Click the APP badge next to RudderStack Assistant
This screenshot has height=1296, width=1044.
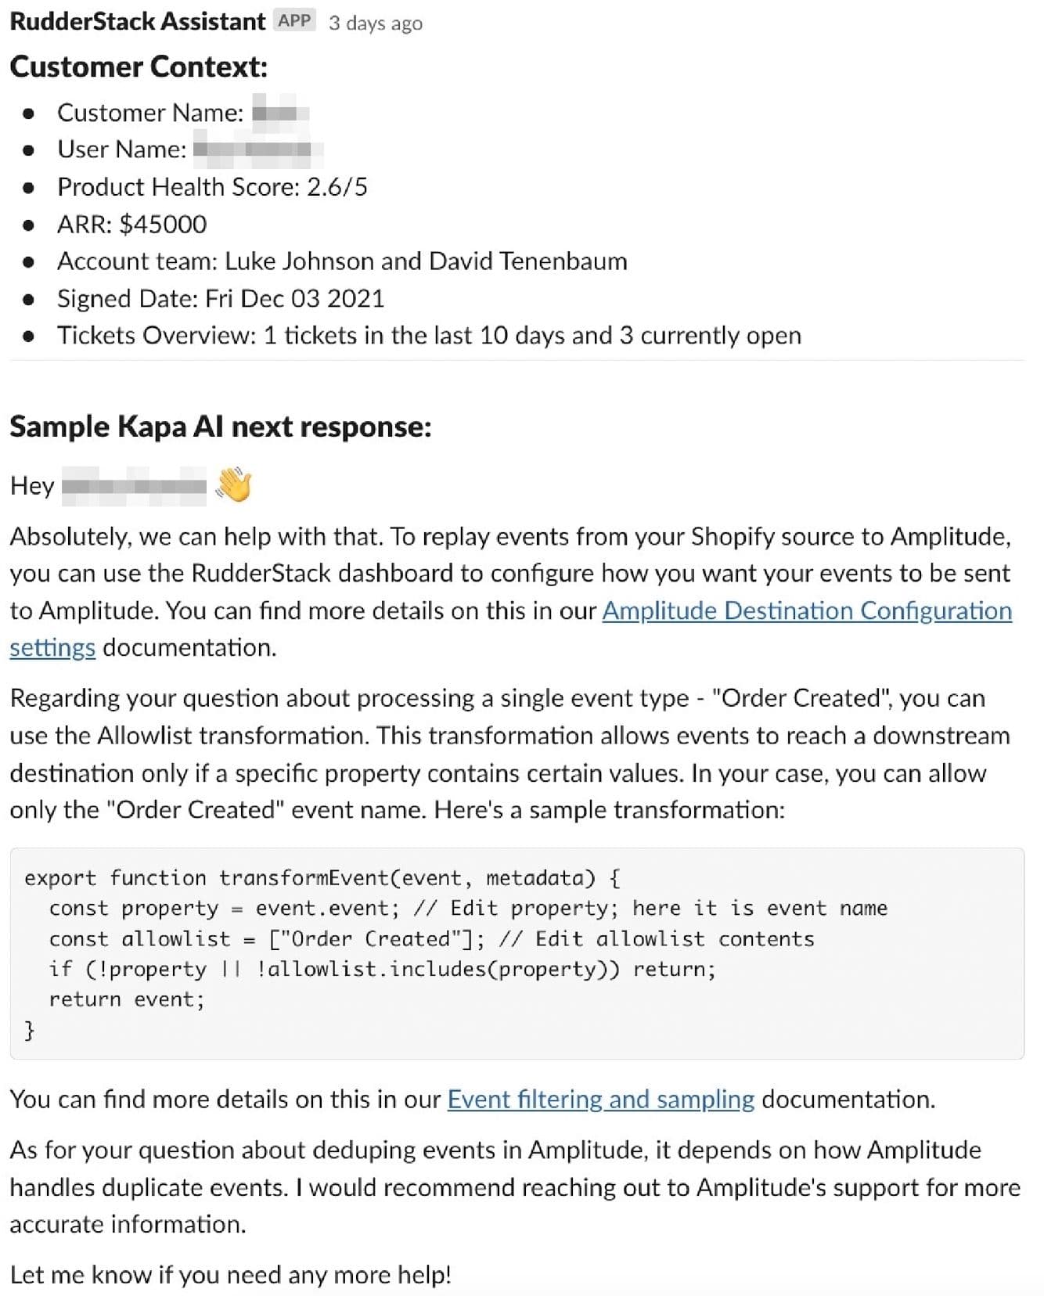click(294, 21)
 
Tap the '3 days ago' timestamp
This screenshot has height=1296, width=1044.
click(376, 23)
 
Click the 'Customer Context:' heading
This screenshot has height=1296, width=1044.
click(139, 67)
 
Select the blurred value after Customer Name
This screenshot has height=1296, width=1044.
click(279, 113)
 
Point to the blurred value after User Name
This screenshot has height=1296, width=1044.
click(257, 149)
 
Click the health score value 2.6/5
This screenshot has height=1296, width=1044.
click(337, 187)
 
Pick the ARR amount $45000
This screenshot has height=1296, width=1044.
click(163, 225)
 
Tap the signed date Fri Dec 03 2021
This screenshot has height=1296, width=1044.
click(294, 299)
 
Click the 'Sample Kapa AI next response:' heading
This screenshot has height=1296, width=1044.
click(220, 427)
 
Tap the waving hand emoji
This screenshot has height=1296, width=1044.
click(233, 485)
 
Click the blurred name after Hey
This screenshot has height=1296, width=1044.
click(134, 487)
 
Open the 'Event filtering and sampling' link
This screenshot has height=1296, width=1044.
click(600, 1100)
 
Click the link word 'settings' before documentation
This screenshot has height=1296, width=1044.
click(52, 648)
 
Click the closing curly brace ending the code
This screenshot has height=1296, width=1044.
click(30, 1030)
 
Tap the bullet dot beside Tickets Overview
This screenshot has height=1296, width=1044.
click(29, 337)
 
